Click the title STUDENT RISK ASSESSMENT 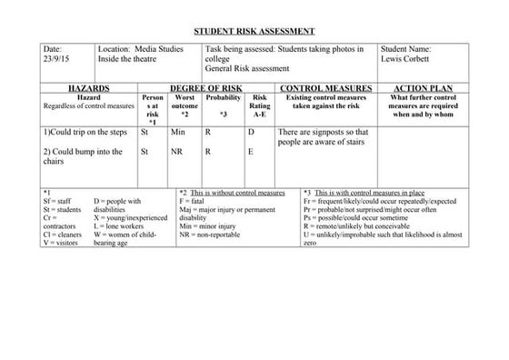254,30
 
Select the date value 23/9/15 56,61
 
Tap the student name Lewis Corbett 405,61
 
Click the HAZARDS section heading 89,88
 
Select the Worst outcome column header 185,105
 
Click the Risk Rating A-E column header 259,105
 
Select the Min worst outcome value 178,133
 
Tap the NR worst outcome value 177,152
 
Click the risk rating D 251,133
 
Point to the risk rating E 251,152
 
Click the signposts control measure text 324,137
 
